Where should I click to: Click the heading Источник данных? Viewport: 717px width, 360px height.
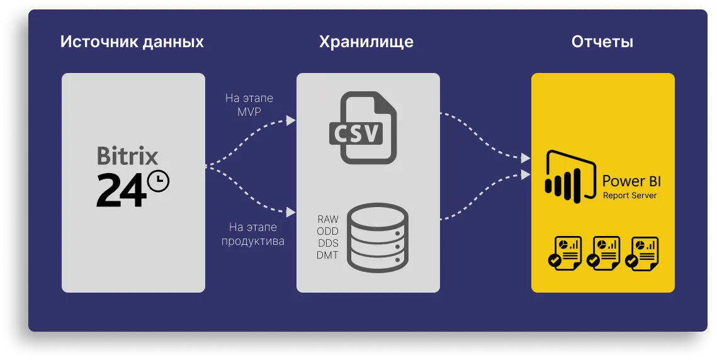click(x=132, y=42)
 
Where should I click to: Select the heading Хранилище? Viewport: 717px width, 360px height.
click(x=366, y=42)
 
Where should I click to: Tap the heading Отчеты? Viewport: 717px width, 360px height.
click(x=602, y=42)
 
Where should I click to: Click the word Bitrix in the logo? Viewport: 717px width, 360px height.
click(x=127, y=156)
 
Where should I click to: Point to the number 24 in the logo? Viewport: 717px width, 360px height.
click(x=120, y=189)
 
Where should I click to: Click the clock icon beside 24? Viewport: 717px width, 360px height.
click(x=158, y=181)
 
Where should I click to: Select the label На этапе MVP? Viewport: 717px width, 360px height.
click(x=249, y=105)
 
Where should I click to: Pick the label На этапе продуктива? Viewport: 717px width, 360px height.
click(x=252, y=234)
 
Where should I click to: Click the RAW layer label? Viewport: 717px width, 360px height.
click(x=327, y=220)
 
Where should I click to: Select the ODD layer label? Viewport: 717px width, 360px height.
click(x=327, y=232)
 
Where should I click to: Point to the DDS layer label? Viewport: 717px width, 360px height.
click(x=327, y=244)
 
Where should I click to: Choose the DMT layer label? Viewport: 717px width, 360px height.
click(x=327, y=256)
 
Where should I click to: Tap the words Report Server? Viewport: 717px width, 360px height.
click(x=629, y=196)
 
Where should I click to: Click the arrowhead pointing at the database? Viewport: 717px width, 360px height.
click(x=291, y=212)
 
